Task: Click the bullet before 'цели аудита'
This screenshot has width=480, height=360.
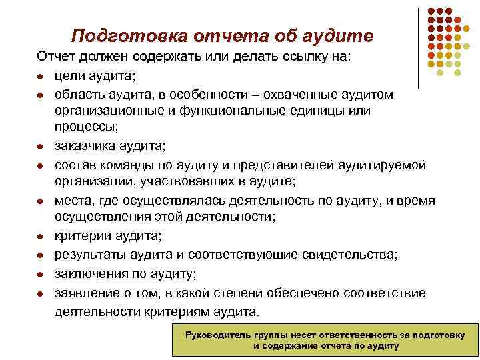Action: click(41, 76)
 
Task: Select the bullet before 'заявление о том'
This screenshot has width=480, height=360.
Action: click(41, 293)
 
